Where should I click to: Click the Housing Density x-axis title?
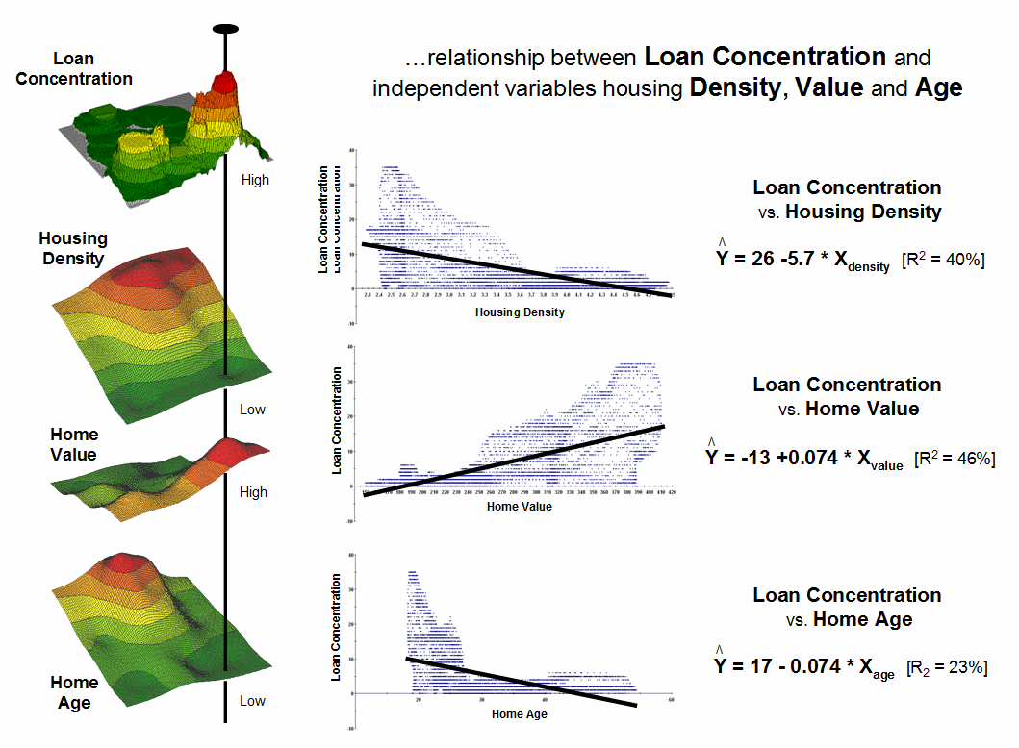(520, 312)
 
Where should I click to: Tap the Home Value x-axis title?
(520, 507)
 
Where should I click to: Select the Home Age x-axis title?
(520, 714)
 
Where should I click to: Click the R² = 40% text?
(943, 261)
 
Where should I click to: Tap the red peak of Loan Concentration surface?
(223, 85)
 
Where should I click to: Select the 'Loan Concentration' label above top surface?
(74, 69)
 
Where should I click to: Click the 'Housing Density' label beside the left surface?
(73, 248)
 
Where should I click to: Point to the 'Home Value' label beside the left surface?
(74, 444)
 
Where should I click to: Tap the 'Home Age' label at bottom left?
(74, 692)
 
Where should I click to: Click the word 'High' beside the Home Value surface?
(253, 492)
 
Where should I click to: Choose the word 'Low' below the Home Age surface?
(252, 701)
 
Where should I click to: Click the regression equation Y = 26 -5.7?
(803, 261)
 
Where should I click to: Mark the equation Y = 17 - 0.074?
(804, 666)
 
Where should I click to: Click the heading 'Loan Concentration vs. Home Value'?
(847, 396)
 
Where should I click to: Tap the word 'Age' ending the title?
(939, 88)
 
